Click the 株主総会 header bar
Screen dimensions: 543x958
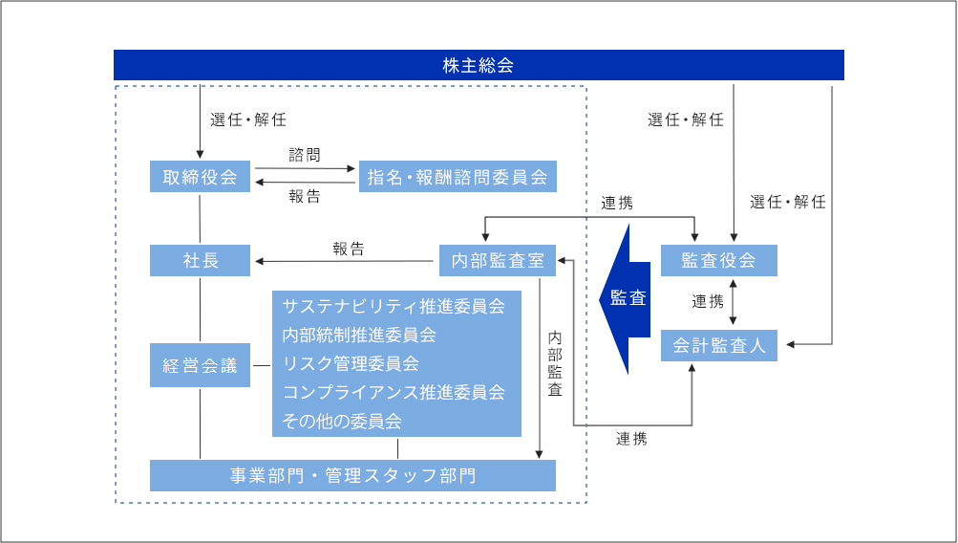[x=479, y=65]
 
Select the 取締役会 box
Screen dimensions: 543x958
[x=200, y=177]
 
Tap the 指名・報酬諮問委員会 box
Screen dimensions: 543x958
[x=458, y=177]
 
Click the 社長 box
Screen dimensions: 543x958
[x=200, y=260]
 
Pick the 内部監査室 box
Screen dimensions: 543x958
[x=497, y=260]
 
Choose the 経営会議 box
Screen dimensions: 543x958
[x=200, y=365]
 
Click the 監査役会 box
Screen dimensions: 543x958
[x=718, y=260]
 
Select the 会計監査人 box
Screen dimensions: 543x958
[x=718, y=345]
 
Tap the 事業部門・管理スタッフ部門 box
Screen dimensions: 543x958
[x=352, y=475]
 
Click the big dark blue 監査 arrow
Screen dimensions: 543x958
[x=626, y=298]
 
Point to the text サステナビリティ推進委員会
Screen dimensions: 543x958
[x=394, y=307]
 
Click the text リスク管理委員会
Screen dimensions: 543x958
[x=351, y=363]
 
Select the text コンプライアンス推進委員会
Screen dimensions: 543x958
[x=394, y=392]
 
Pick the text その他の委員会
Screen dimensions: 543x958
[x=342, y=421]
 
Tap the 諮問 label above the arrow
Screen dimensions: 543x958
[x=305, y=154]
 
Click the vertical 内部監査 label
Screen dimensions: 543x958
[x=555, y=364]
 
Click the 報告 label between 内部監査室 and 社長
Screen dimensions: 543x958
[x=349, y=249]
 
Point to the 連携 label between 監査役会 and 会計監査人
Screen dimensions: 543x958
[x=708, y=301]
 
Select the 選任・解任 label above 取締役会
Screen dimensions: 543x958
[x=248, y=120]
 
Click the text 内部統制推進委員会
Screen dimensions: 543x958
[x=359, y=336]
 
